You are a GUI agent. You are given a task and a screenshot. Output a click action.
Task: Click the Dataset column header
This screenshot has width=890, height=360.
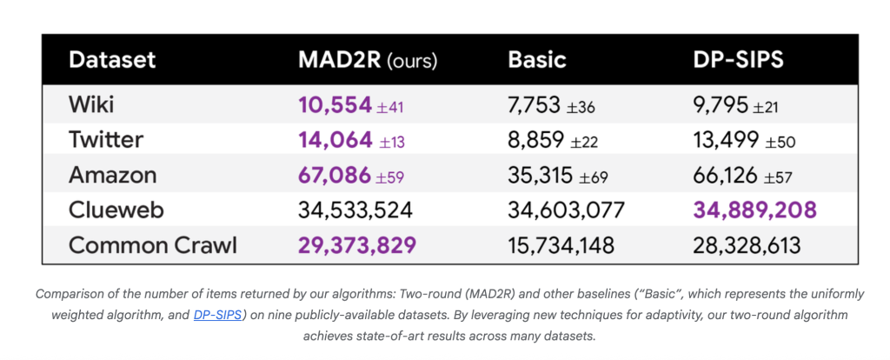click(112, 60)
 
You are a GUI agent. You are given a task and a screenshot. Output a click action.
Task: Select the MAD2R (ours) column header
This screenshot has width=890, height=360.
click(367, 60)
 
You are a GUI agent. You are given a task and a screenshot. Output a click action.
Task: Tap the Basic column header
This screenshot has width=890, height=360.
click(537, 60)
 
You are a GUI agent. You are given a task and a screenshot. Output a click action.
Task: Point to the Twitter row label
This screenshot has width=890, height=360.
click(106, 140)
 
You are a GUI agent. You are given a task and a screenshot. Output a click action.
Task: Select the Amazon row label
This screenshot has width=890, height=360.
click(113, 175)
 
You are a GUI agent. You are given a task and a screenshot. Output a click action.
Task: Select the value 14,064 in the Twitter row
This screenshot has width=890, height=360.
click(335, 140)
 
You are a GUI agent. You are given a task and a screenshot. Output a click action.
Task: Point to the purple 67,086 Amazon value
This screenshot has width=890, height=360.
click(335, 175)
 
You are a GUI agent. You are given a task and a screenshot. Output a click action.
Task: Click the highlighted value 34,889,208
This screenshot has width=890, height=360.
click(754, 210)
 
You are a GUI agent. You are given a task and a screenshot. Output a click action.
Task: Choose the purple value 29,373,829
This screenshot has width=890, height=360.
click(356, 245)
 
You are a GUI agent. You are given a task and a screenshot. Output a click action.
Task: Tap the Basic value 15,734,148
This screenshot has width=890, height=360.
click(561, 245)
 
